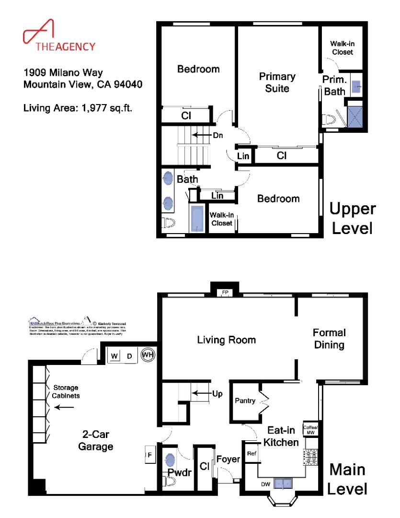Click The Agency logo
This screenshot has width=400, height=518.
59,36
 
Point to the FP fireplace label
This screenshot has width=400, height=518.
224,292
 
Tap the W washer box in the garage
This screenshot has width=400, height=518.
114,356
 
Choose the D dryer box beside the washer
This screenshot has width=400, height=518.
129,356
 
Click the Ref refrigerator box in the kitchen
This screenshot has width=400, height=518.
251,453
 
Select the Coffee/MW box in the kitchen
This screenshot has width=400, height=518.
309,429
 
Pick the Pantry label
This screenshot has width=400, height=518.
244,400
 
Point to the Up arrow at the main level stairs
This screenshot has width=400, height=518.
204,393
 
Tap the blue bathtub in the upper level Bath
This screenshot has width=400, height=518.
197,219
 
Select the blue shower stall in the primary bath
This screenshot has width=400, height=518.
356,115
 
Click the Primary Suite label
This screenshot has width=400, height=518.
277,82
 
